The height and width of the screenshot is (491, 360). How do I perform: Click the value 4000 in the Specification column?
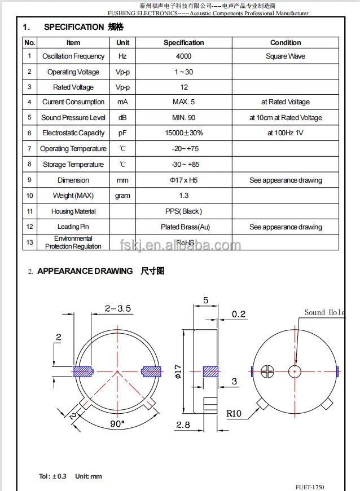click(x=183, y=56)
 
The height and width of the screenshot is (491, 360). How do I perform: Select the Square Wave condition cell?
click(x=286, y=56)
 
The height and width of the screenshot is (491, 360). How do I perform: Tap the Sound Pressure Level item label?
click(x=73, y=118)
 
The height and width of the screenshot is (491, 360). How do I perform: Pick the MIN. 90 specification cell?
click(x=183, y=118)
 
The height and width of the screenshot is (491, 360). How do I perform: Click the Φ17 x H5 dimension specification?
click(x=183, y=180)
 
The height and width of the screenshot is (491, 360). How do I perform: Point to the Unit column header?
click(x=122, y=42)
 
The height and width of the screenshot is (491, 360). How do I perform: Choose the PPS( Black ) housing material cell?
click(x=183, y=211)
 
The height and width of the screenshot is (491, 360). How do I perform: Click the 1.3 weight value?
click(x=183, y=196)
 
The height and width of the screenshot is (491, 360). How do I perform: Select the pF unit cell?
click(x=122, y=133)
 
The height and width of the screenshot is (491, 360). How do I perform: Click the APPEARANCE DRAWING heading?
click(x=85, y=271)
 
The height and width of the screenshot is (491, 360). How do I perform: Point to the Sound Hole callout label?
click(x=324, y=312)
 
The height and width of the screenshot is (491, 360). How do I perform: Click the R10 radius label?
click(x=234, y=414)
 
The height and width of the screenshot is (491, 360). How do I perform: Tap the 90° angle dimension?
click(x=117, y=424)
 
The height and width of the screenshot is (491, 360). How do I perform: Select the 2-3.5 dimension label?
click(x=118, y=308)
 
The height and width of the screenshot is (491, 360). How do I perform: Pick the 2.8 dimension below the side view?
click(x=183, y=425)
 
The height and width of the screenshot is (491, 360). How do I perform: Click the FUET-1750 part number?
click(x=310, y=486)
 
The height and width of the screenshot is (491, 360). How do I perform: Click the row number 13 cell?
click(x=30, y=242)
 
